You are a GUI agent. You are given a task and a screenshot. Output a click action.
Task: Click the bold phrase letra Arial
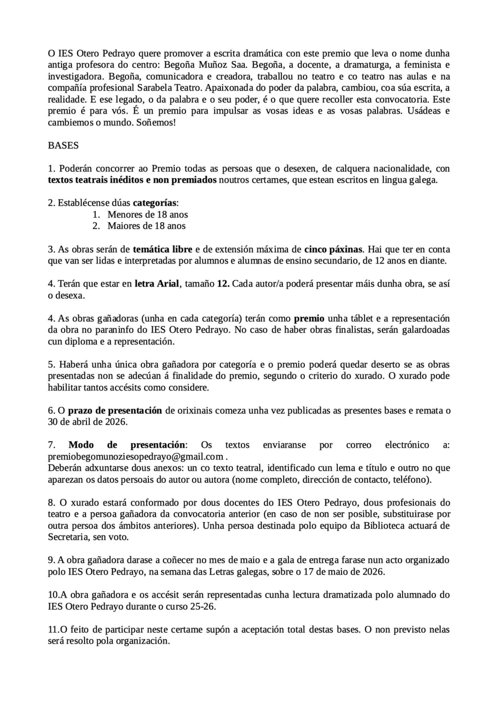coord(157,284)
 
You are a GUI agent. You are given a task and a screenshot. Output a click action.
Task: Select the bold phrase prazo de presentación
coord(115,410)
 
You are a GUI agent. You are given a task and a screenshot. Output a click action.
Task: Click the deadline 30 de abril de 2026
coord(87,422)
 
